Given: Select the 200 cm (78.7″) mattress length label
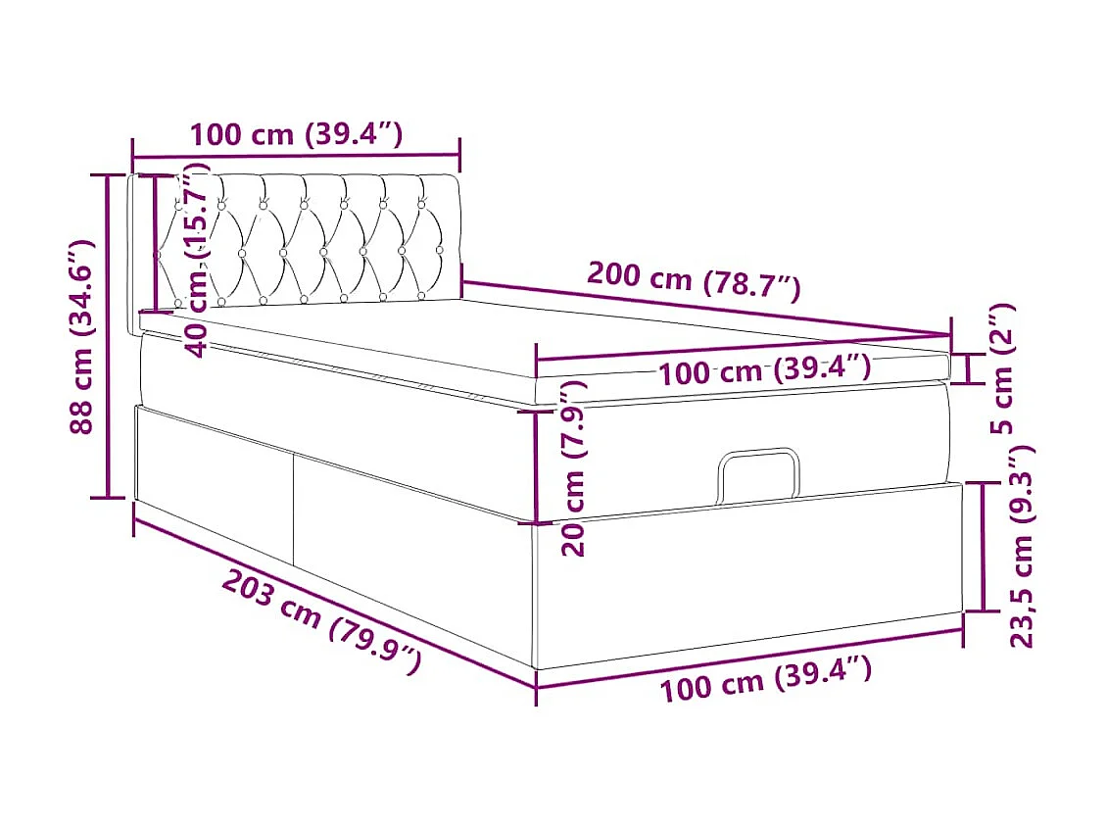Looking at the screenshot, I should tap(694, 281).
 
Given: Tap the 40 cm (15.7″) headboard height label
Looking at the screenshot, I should tap(198, 260).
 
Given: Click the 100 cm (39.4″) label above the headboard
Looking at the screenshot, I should tap(296, 134).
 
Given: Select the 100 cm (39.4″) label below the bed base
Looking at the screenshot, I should tap(765, 678).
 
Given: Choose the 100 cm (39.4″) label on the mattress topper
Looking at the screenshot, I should tap(764, 370).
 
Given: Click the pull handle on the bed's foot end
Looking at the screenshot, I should tap(758, 471).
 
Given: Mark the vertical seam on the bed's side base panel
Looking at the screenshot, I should tap(293, 509).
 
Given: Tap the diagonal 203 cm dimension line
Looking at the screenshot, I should tap(333, 599).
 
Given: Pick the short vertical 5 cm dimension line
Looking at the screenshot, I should tap(969, 369).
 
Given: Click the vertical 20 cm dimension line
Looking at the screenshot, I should tap(536, 464).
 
